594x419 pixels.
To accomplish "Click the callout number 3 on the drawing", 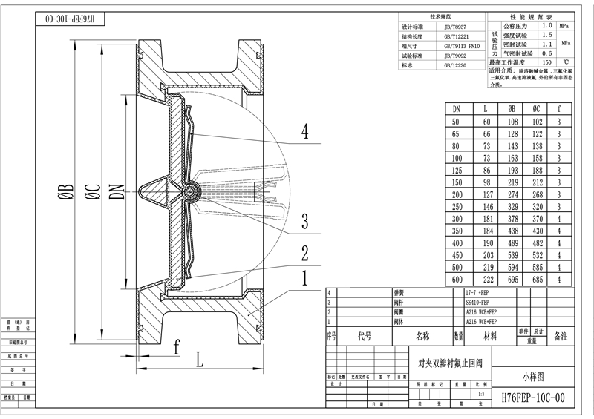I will [304, 221].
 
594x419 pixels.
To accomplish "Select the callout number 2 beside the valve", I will [304, 253].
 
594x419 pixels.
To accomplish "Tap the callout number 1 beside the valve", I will [304, 280].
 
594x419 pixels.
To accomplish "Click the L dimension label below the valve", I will [200, 361].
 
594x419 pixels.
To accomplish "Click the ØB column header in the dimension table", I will [512, 108].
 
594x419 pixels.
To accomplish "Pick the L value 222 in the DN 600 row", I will [487, 279].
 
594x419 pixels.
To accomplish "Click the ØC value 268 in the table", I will [536, 194].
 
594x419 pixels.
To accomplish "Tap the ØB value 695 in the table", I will [512, 279].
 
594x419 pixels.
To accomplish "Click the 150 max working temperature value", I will [547, 63].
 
